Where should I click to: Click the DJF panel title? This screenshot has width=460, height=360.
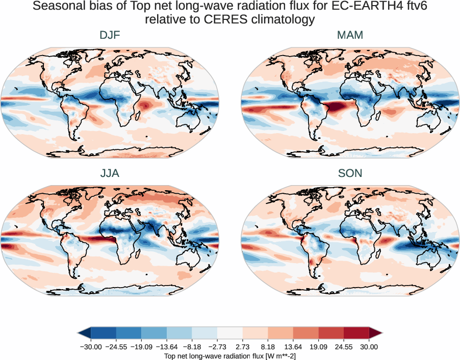pos(110,35)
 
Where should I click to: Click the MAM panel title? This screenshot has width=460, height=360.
pos(350,35)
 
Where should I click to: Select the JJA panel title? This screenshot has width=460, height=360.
pos(110,173)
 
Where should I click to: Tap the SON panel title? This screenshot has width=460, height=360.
pos(350,173)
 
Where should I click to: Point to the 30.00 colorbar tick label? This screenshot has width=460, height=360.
pos(369,347)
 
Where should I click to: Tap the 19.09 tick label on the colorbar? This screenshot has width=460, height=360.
pos(318,347)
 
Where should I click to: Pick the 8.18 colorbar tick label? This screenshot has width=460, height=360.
pos(268,347)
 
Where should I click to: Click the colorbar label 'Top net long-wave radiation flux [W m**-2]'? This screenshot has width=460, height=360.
pos(230,355)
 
